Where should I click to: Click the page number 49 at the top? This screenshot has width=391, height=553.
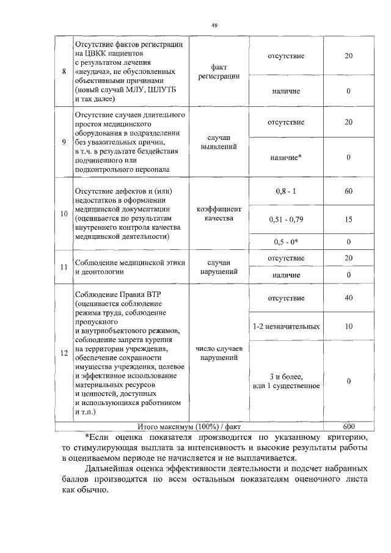[214, 25]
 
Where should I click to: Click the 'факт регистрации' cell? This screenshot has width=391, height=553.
[219, 72]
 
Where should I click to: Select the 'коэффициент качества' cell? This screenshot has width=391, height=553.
[219, 214]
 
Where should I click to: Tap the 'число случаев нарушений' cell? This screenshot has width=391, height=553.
[219, 353]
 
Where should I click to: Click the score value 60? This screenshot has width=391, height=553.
[348, 192]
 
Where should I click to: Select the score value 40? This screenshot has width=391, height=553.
[348, 298]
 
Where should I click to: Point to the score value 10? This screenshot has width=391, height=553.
[348, 326]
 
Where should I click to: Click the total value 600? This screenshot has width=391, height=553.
[348, 426]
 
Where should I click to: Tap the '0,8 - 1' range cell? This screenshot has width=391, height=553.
[286, 192]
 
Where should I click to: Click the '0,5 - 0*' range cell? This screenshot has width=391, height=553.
[286, 242]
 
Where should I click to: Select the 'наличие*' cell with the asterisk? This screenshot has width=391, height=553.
[286, 158]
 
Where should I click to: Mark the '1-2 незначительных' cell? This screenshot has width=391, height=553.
[286, 326]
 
